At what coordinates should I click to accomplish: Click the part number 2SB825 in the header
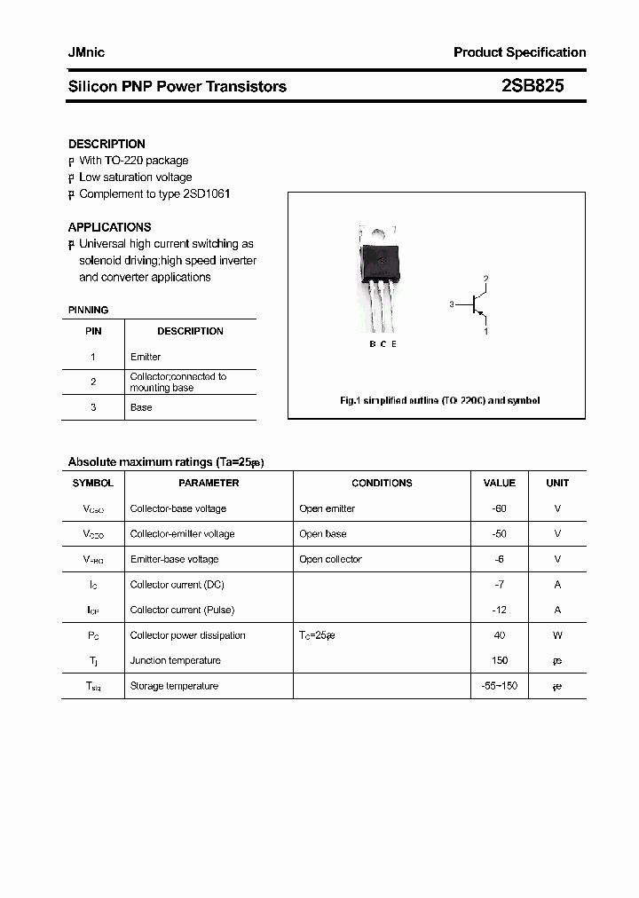pyautogui.click(x=532, y=86)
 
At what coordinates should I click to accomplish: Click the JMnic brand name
pyautogui.click(x=86, y=52)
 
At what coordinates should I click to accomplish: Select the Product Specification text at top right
pyautogui.click(x=519, y=52)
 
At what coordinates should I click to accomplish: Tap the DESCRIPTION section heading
pyautogui.click(x=106, y=144)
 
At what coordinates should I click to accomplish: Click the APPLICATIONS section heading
pyautogui.click(x=109, y=227)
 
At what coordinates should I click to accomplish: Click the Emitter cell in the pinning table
pyautogui.click(x=146, y=357)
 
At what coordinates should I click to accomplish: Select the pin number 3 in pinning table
pyautogui.click(x=93, y=407)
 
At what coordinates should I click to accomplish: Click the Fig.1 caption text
pyautogui.click(x=439, y=400)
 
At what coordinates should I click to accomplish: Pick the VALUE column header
pyautogui.click(x=499, y=483)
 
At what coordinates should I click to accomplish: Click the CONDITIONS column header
pyautogui.click(x=382, y=483)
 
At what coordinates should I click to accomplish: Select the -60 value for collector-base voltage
pyautogui.click(x=499, y=508)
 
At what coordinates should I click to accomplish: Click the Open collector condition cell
pyautogui.click(x=330, y=559)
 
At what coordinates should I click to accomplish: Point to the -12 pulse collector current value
pyautogui.click(x=499, y=610)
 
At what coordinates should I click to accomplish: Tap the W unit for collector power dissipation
pyautogui.click(x=557, y=635)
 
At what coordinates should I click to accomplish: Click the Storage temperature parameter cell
pyautogui.click(x=174, y=686)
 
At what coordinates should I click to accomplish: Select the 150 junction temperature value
pyautogui.click(x=499, y=660)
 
